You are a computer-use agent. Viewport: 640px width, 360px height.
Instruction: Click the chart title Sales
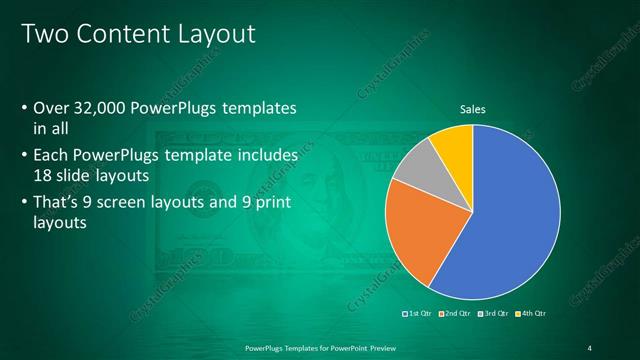(x=472, y=110)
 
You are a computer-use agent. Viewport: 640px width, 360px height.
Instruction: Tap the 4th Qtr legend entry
(x=531, y=314)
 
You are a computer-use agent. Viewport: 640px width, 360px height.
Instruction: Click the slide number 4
(x=590, y=347)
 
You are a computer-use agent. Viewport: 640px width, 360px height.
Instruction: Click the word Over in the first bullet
(x=51, y=107)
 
